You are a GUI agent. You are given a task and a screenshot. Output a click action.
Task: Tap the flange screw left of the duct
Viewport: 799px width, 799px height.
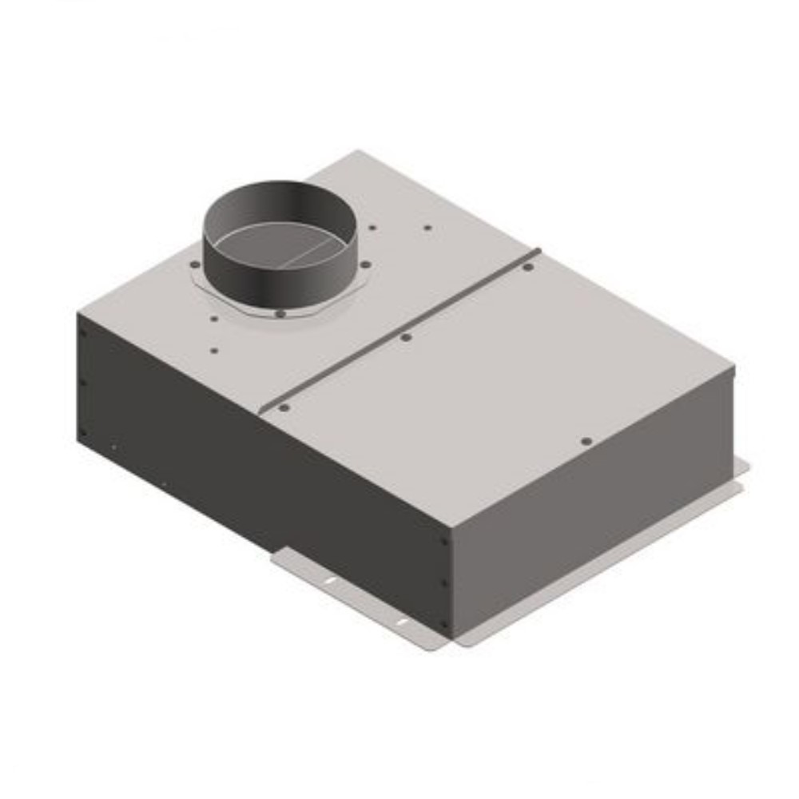(195, 265)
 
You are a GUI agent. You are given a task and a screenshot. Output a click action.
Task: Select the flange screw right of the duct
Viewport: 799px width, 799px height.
(365, 264)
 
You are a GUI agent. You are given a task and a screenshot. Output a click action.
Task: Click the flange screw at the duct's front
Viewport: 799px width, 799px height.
(279, 313)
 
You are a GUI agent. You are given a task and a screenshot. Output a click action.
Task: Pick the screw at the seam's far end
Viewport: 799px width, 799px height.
(527, 267)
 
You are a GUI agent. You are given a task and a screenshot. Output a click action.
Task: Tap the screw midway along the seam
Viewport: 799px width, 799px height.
(406, 337)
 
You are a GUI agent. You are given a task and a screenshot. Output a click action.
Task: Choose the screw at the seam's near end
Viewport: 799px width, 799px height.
(284, 407)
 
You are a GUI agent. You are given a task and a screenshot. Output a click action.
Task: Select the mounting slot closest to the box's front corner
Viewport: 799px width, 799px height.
(400, 621)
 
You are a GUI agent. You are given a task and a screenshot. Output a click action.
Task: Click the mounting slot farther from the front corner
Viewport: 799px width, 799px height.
(329, 579)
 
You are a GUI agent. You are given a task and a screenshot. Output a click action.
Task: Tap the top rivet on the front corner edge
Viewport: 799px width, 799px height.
(444, 541)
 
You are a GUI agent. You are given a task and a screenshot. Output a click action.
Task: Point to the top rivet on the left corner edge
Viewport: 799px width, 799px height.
(82, 333)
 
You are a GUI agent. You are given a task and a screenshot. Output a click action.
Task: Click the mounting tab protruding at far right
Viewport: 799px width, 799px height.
(742, 467)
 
